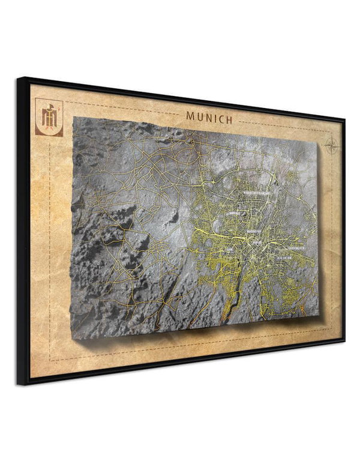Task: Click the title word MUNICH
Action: click(x=209, y=117)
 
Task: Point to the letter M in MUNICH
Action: click(x=190, y=115)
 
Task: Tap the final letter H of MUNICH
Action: click(x=229, y=120)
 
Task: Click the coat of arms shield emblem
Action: click(x=49, y=117)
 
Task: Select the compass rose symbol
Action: click(x=331, y=145)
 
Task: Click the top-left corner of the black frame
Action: click(x=19, y=79)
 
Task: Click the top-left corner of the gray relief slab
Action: click(x=73, y=118)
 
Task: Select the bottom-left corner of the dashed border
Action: click(x=50, y=360)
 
